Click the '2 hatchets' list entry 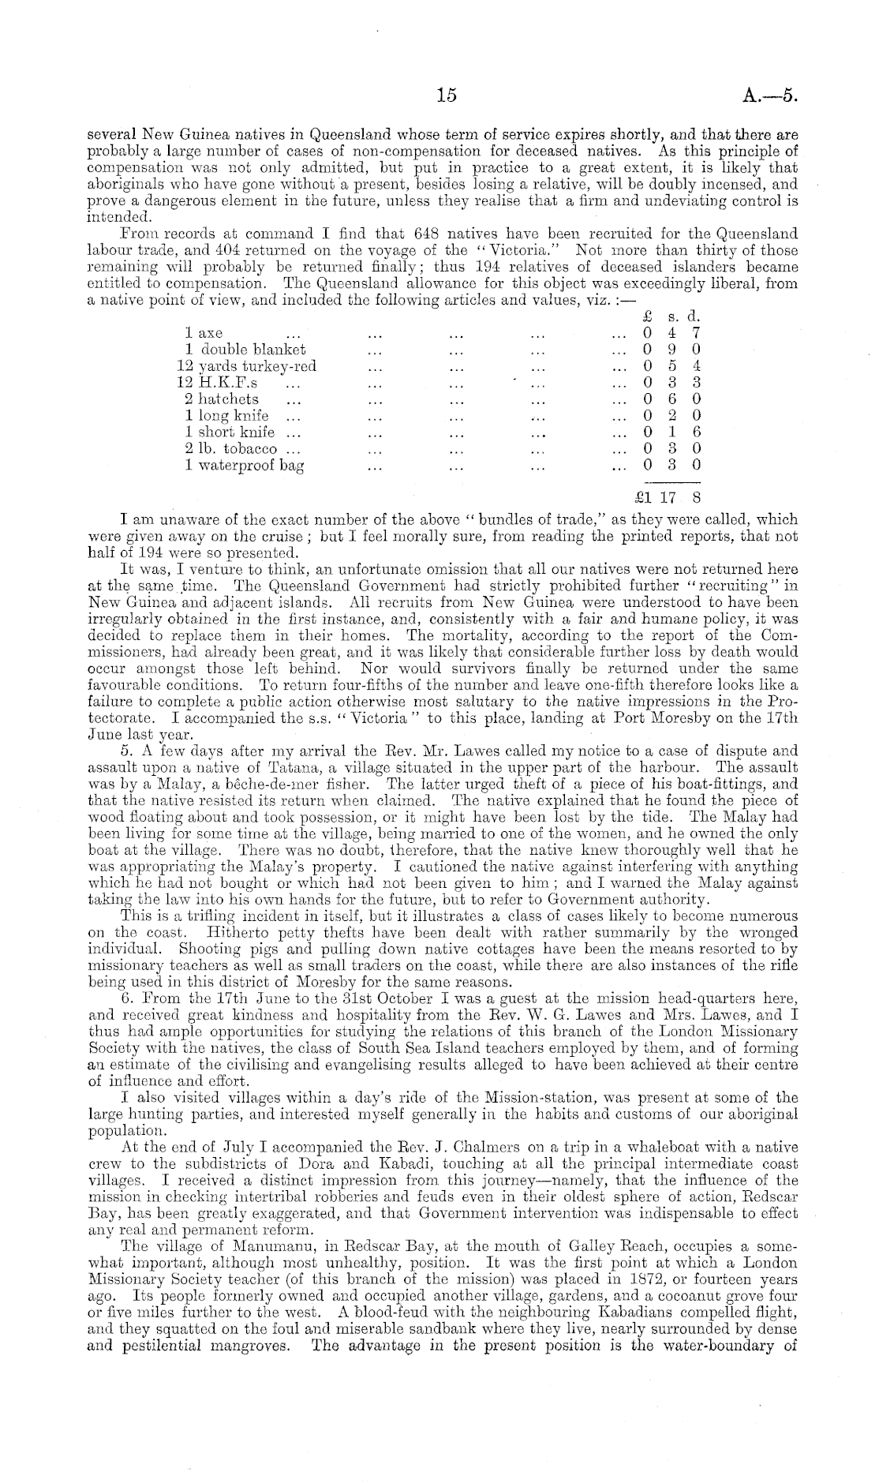point(222,399)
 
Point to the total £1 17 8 point(668,498)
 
